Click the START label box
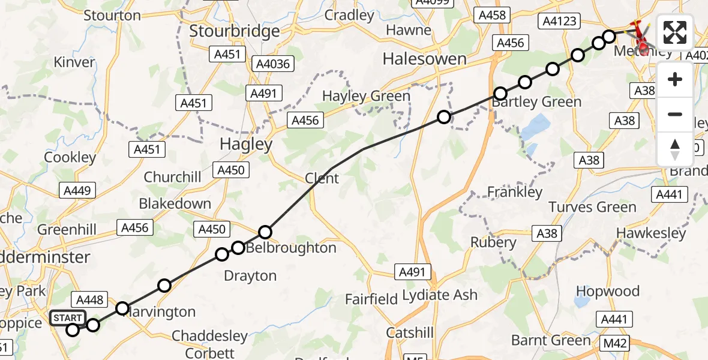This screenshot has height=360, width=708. point(67,317)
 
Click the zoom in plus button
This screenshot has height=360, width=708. point(675,80)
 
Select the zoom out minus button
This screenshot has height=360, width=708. point(675,114)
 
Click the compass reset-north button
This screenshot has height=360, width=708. point(675,149)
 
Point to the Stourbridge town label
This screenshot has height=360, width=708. point(234,31)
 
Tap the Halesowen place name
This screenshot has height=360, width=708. point(424,59)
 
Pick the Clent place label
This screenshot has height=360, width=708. point(322,178)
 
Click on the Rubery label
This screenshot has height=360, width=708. point(493,242)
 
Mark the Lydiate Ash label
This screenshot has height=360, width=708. point(440,295)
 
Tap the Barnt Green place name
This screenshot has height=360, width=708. point(551,340)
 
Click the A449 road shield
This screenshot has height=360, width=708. point(77,191)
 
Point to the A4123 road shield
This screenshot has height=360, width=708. point(559,22)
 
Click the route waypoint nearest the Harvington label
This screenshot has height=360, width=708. point(122,308)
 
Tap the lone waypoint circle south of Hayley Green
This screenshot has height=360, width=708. point(443,117)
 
